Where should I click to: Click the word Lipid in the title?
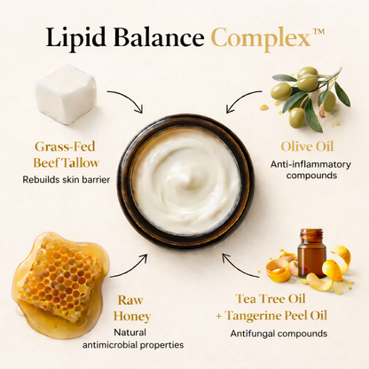(75, 37)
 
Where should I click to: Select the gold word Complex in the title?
(261, 39)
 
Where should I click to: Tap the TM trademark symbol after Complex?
(318, 32)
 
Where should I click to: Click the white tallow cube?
(66, 93)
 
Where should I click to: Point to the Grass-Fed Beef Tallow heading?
(66, 154)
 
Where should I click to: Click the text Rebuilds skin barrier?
(67, 179)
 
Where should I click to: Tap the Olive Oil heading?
(307, 146)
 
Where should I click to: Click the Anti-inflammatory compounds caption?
(310, 169)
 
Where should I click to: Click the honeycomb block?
(60, 281)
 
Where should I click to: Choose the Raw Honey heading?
(132, 308)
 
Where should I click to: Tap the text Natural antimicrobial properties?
(133, 339)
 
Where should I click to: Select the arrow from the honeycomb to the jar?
(131, 269)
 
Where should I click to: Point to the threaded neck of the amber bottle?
(311, 234)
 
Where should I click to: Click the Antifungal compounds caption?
(279, 334)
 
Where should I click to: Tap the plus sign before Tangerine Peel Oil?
(219, 317)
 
